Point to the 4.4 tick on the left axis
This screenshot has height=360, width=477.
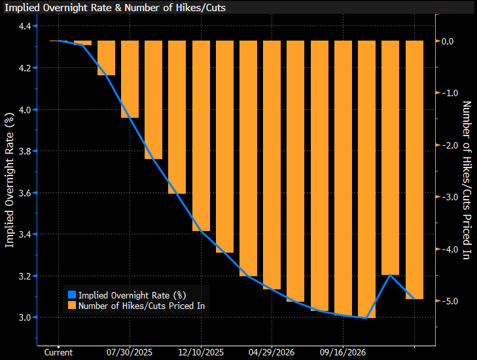pos(27,26)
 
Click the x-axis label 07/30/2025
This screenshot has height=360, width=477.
pos(130,352)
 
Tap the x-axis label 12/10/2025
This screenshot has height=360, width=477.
pos(201,352)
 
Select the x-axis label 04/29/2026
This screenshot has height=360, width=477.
pos(272,352)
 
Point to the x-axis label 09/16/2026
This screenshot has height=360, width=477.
pos(343,352)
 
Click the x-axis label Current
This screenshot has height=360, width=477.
pos(59,352)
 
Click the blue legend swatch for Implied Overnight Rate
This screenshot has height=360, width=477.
pos(71,295)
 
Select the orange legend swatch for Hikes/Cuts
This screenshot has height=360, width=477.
pos(71,305)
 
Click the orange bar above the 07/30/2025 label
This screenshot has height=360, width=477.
pos(130,79)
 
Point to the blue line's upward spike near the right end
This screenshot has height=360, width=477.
pos(390,275)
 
